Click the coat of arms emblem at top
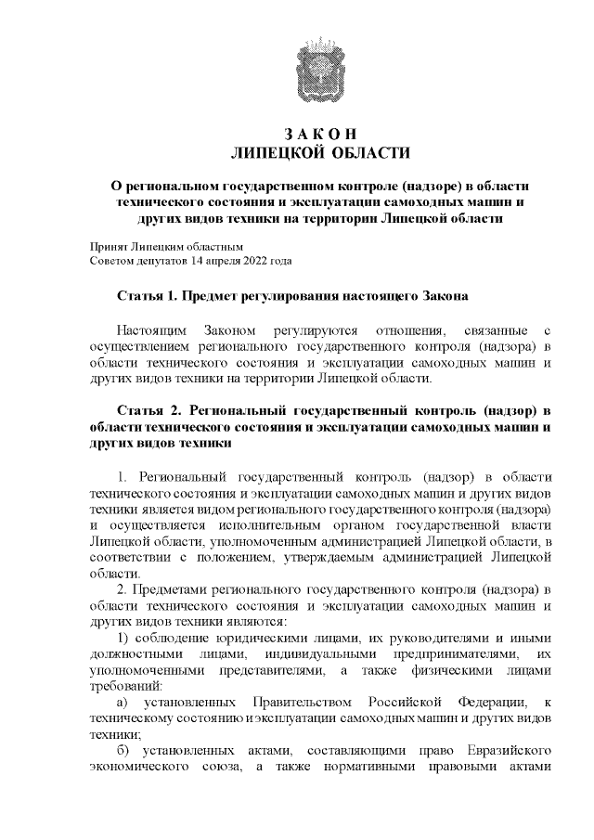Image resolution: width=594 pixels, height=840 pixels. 320,64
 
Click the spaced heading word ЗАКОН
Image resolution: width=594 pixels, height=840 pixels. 320,133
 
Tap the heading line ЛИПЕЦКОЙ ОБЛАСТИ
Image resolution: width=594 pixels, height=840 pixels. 320,151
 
